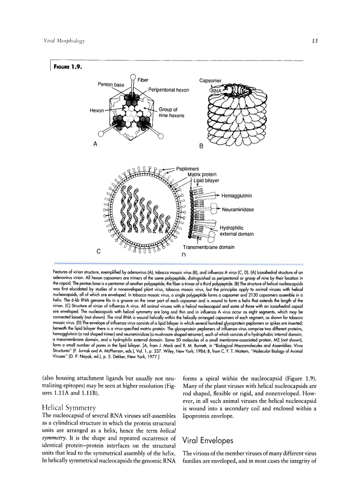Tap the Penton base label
coord(111,85)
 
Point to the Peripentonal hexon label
coord(169,90)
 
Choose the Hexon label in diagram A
coord(96,111)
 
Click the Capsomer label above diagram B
coord(210,81)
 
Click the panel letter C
coord(98,252)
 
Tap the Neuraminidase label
coord(238,209)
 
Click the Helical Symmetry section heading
coord(67,407)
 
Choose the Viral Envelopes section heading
coord(207,440)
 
